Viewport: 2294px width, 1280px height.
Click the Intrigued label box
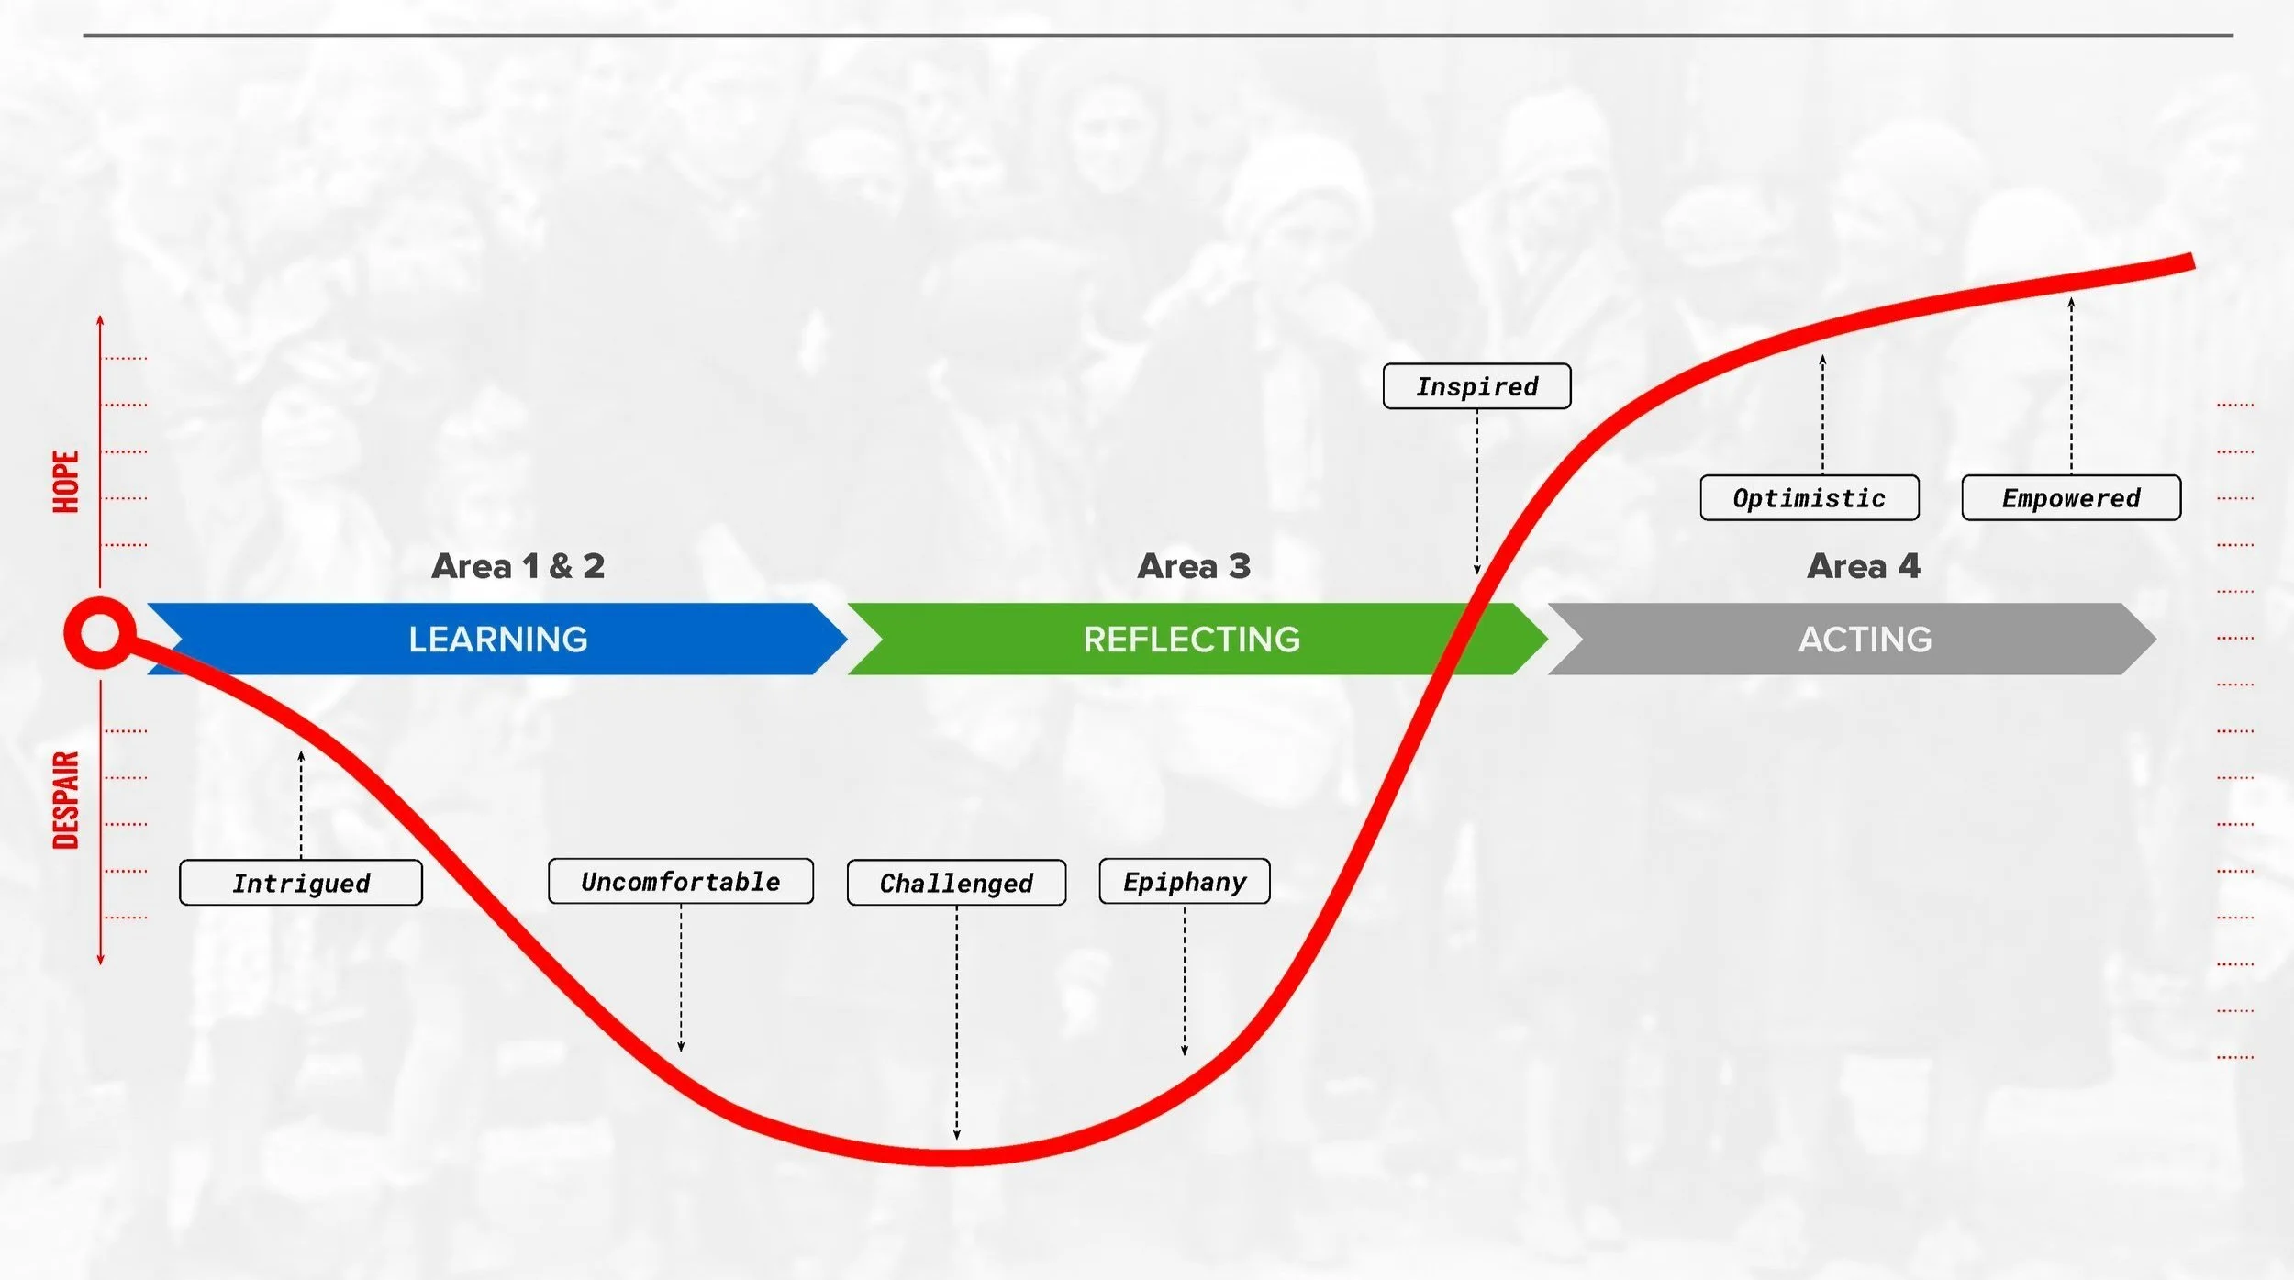[301, 883]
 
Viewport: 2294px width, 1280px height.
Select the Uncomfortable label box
[681, 882]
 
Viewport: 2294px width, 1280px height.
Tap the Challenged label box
[956, 883]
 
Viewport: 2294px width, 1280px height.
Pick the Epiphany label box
[1185, 882]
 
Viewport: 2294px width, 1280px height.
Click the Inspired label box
[1476, 386]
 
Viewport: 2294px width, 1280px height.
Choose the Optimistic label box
[1809, 498]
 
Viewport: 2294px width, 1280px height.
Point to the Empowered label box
[2071, 498]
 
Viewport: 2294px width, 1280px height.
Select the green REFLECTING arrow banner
[1191, 640]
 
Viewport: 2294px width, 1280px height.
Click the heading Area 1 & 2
[518, 566]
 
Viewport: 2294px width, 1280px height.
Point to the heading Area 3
[1194, 566]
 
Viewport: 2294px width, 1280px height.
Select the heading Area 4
[1863, 566]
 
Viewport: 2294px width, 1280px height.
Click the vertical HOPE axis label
[66, 482]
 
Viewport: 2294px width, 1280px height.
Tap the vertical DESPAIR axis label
[66, 800]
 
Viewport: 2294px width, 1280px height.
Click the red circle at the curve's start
[100, 633]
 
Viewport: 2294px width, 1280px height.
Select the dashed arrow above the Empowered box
[2071, 385]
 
